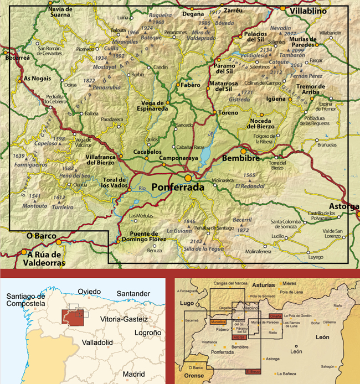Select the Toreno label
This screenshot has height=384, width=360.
tap(228, 112)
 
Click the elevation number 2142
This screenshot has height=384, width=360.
tap(196, 241)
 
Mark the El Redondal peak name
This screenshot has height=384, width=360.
tap(249, 186)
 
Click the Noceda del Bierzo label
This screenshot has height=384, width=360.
tap(254, 124)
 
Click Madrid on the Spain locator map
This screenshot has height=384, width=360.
tap(133, 373)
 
